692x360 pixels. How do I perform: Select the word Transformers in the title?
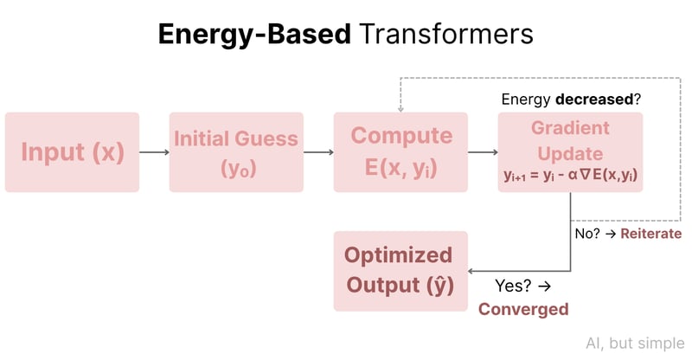pyautogui.click(x=445, y=34)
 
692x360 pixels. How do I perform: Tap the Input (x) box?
pyautogui.click(x=72, y=152)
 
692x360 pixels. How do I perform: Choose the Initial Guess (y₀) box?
pyautogui.click(x=236, y=152)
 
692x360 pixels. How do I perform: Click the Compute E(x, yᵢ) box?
pyautogui.click(x=400, y=152)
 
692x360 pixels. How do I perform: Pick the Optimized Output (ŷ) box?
pyautogui.click(x=400, y=271)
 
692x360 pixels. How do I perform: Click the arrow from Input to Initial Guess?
pyautogui.click(x=154, y=153)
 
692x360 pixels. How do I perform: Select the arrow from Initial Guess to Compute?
pyautogui.click(x=318, y=153)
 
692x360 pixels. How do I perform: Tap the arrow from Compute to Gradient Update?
pyautogui.click(x=483, y=153)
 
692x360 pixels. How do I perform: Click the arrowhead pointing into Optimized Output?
pyautogui.click(x=472, y=271)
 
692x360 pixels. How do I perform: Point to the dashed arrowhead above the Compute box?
pyautogui.click(x=400, y=108)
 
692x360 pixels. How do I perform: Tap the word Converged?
pyautogui.click(x=523, y=309)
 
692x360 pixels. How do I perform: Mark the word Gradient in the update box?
pyautogui.click(x=570, y=127)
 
